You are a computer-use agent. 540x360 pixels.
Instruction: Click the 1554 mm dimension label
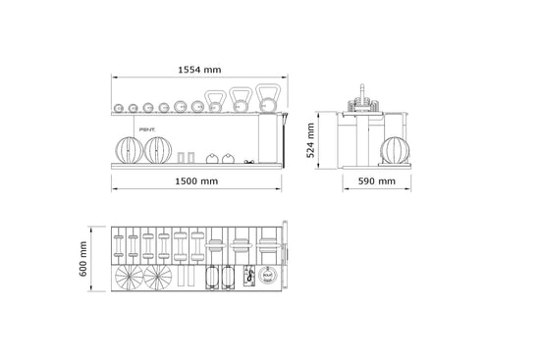(198, 70)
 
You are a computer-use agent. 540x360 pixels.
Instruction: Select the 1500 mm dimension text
(195, 182)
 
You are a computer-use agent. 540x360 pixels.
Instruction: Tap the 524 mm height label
(310, 140)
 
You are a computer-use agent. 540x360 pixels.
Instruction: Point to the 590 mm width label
(376, 182)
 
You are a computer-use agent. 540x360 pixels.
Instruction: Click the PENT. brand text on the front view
(148, 127)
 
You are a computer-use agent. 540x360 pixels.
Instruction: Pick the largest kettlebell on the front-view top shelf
(267, 98)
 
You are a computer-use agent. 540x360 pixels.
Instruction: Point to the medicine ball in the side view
(392, 150)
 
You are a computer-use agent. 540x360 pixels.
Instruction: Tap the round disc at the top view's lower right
(266, 280)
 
